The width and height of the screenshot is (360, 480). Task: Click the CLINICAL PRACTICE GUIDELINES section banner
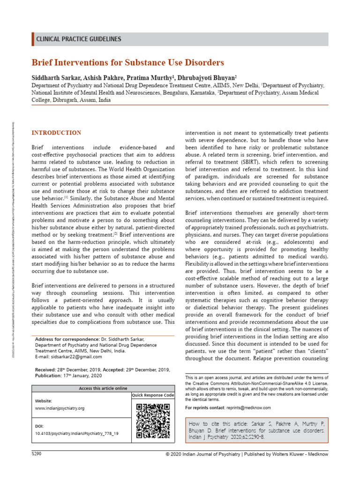[79, 39]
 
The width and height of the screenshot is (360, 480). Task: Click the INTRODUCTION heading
[56, 133]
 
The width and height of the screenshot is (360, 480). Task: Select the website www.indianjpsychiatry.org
[60, 408]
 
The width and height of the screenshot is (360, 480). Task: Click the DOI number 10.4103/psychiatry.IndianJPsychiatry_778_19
[77, 434]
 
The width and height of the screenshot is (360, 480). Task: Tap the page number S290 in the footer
[37, 454]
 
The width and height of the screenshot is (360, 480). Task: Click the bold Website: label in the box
[44, 401]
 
